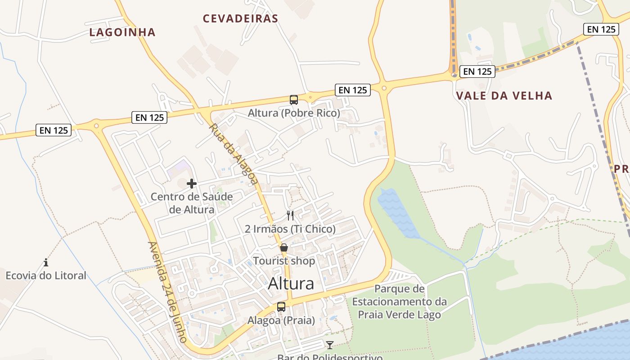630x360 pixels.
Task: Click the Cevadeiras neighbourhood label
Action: [x=240, y=18]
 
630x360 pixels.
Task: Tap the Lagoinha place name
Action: [x=122, y=32]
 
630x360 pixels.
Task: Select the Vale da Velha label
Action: [x=504, y=95]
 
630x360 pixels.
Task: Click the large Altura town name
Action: [x=291, y=284]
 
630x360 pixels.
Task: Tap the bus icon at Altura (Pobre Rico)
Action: [x=294, y=100]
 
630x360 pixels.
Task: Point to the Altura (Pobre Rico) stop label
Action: [x=294, y=113]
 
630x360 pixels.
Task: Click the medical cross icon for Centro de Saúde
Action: [x=192, y=184]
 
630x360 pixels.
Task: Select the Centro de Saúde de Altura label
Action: [x=192, y=203]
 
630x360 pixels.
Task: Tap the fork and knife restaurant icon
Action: [x=290, y=216]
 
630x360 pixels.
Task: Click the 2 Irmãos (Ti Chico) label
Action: [x=290, y=229]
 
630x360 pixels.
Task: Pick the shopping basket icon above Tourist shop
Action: [x=284, y=247]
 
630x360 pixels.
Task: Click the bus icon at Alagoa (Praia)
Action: [x=281, y=307]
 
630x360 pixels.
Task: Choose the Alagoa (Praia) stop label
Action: [x=281, y=320]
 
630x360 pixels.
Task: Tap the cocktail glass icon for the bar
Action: [x=330, y=345]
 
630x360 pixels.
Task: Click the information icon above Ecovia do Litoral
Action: [x=46, y=262]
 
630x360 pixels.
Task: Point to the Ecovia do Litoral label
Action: [x=46, y=275]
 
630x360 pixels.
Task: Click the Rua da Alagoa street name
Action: [x=234, y=154]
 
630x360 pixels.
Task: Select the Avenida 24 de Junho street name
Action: [x=167, y=292]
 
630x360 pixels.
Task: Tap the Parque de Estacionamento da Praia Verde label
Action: [x=399, y=301]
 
